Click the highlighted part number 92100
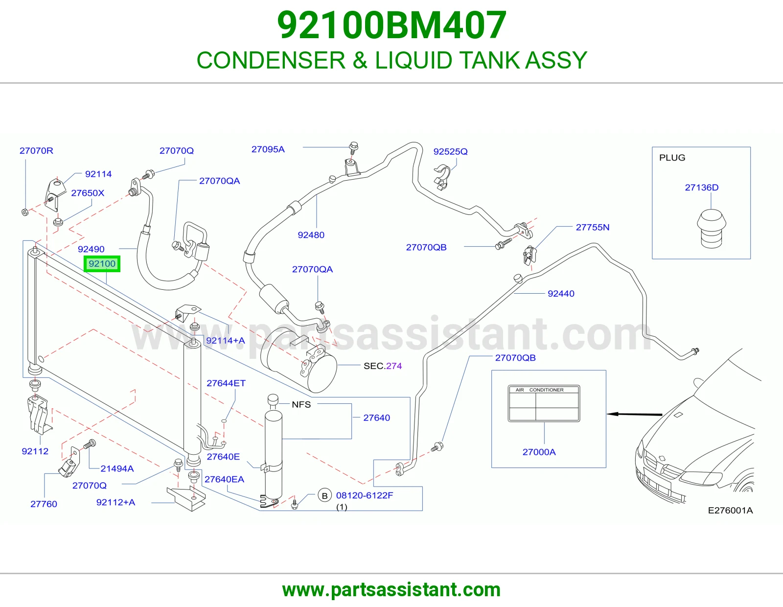tap(102, 263)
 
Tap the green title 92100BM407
tap(391, 25)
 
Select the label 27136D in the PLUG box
tap(701, 187)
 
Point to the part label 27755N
tap(592, 227)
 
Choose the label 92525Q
tap(450, 151)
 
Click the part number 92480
tap(311, 235)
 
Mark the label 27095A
tap(268, 149)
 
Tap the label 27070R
tap(36, 151)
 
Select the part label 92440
tap(561, 293)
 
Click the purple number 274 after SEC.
tap(394, 366)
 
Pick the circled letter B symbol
tap(324, 495)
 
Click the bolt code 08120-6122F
tap(364, 495)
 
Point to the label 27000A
tap(539, 452)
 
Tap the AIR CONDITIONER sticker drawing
tap(544, 403)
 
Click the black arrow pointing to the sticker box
tap(635, 414)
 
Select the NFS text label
tap(301, 404)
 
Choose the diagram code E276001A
tap(730, 511)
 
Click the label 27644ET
tap(226, 383)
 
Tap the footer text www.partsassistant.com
tap(391, 590)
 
